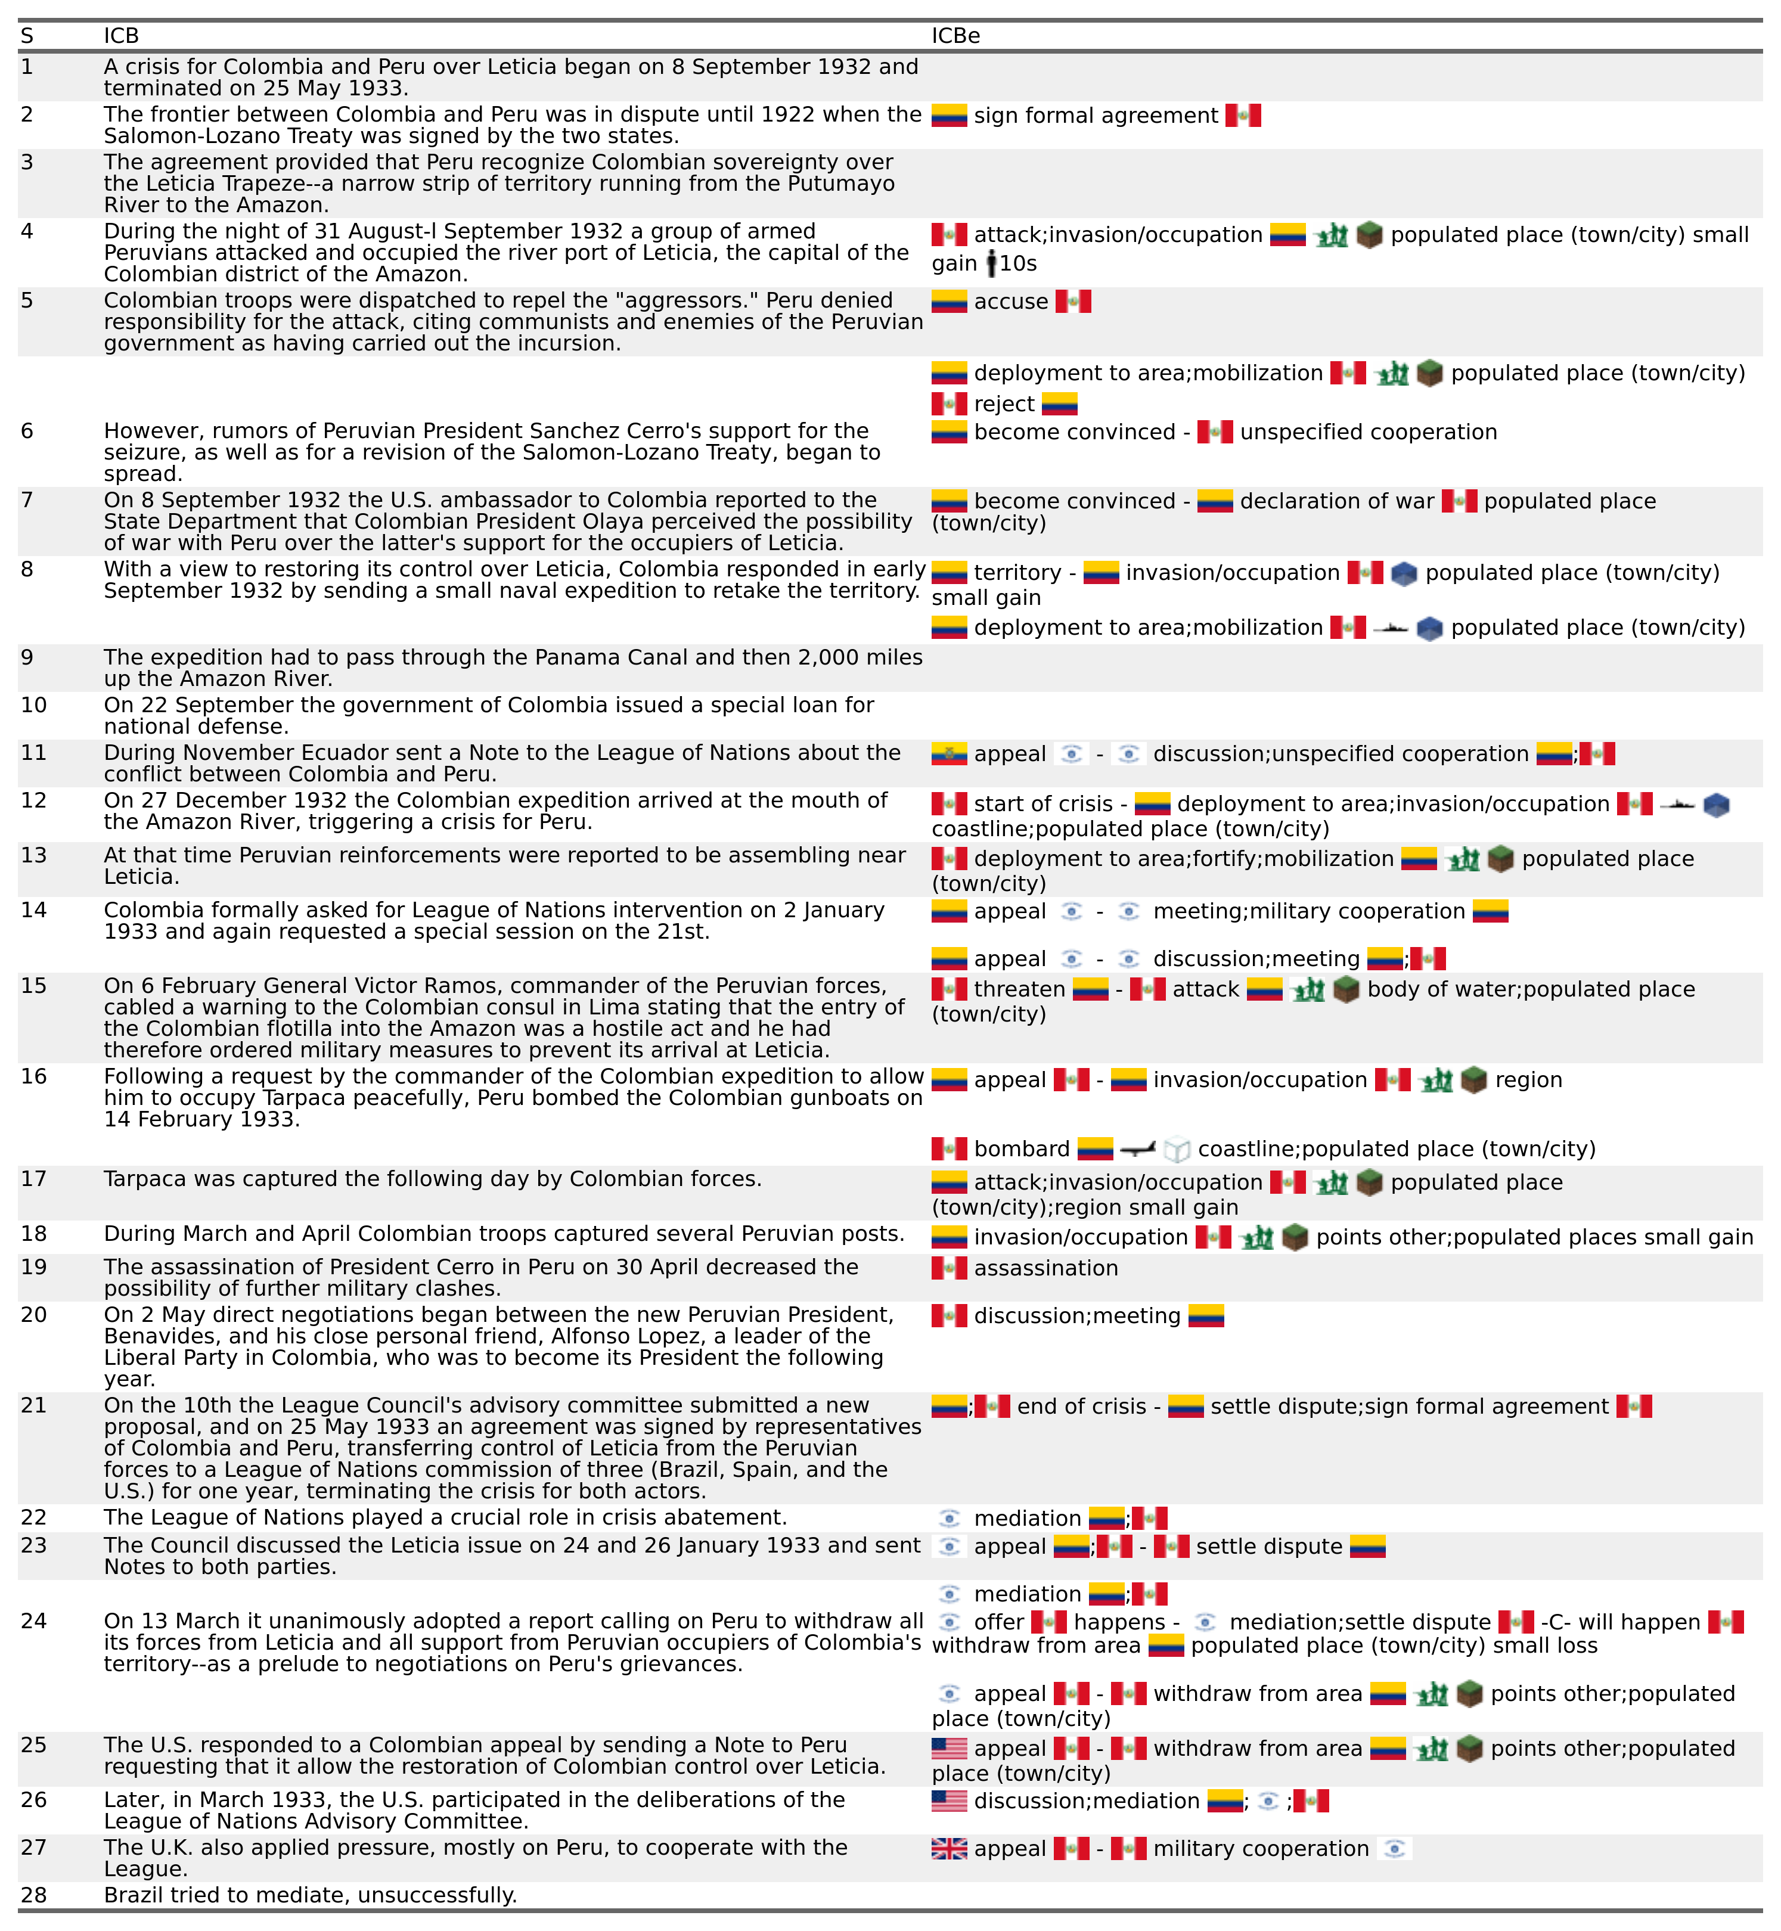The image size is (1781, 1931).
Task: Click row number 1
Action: tap(27, 67)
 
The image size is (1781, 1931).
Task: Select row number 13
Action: tap(34, 856)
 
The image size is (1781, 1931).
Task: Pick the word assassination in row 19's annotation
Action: tap(1045, 1268)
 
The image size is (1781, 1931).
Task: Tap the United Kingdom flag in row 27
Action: tap(950, 1848)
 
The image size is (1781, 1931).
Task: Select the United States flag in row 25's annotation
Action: tap(950, 1748)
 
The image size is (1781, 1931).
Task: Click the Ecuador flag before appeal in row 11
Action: tap(950, 753)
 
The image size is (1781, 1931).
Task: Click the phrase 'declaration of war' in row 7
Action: tap(1337, 501)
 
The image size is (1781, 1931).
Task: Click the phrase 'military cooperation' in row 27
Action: tap(1261, 1848)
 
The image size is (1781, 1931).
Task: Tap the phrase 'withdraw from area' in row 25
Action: tap(1258, 1748)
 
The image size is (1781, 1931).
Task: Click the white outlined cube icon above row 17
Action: tap(1177, 1148)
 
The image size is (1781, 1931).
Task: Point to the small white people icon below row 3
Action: tap(992, 262)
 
